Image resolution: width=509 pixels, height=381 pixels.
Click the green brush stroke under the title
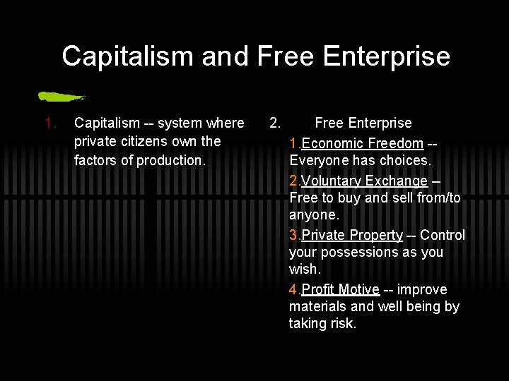pos(62,95)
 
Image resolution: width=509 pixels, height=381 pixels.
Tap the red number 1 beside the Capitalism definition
pos(49,123)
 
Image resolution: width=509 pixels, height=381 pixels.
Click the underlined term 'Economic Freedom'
pos(362,144)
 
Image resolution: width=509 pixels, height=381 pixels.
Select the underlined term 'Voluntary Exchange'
pos(364,181)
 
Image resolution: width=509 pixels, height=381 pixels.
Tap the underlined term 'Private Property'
pos(352,235)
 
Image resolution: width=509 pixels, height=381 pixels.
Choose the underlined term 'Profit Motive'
pos(341,289)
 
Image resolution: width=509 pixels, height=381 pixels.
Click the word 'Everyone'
pos(320,160)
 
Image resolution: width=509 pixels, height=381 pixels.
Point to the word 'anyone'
pos(314,214)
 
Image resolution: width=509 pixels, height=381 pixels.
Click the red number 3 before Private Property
pos(293,235)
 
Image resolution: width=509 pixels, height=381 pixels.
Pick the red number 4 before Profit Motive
pos(293,289)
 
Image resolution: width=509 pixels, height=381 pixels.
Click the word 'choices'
pos(406,160)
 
